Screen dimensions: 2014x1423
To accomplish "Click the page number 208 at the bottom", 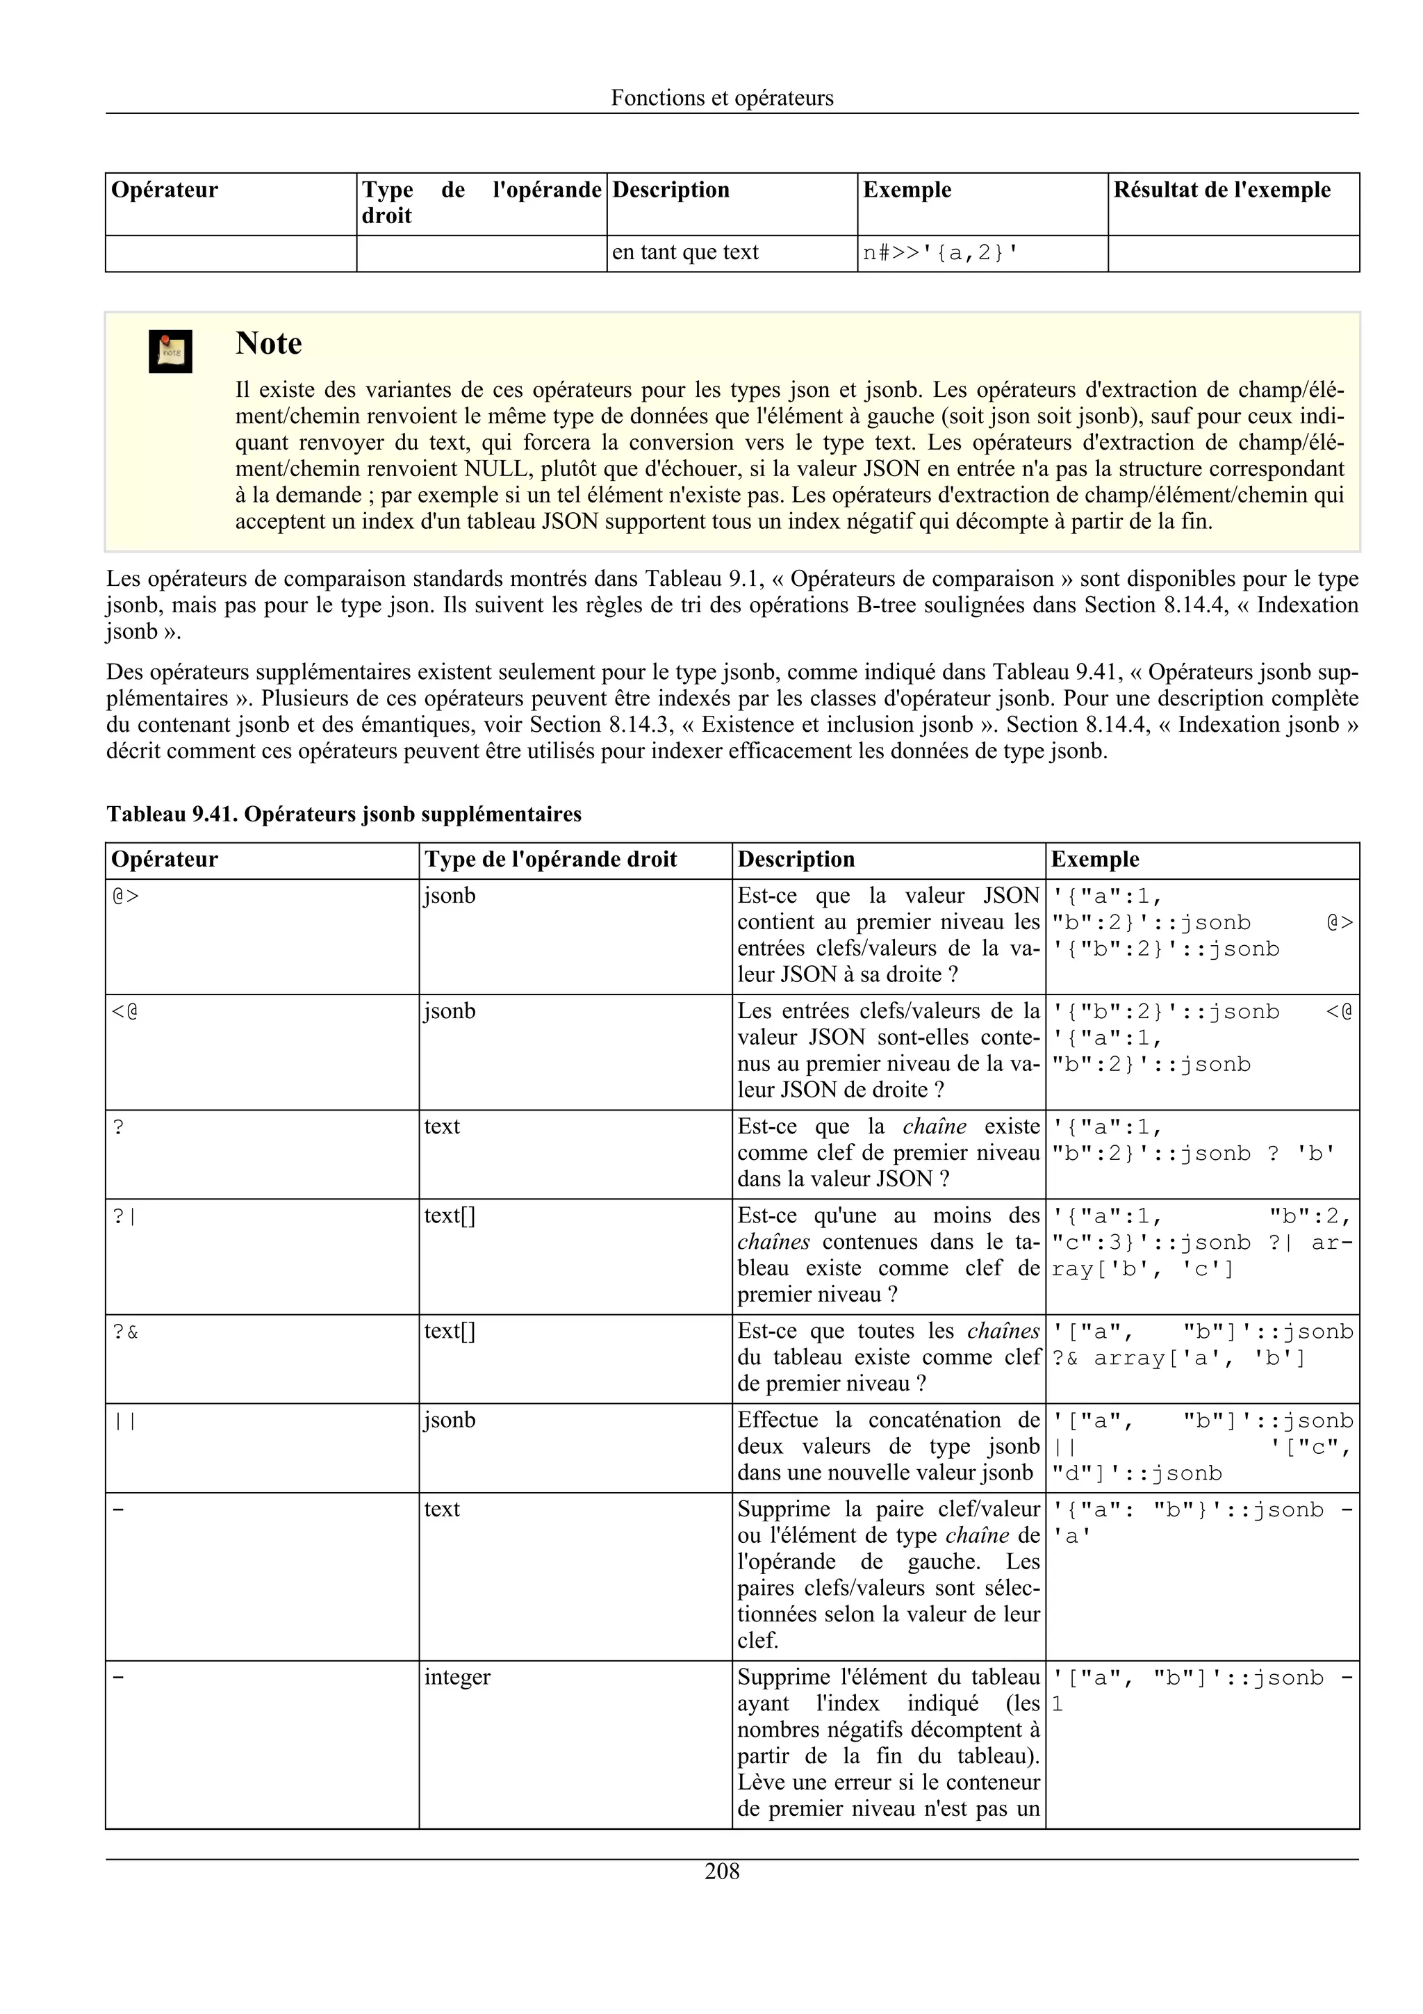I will [x=722, y=1872].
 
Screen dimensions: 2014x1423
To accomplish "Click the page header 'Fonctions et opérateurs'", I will [x=722, y=98].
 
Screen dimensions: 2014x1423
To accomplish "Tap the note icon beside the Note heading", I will [x=170, y=352].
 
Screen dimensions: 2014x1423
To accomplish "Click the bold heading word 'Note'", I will [x=268, y=344].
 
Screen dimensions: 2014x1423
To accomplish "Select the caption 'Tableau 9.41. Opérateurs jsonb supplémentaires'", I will [x=344, y=814].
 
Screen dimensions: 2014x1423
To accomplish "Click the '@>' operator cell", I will [x=125, y=897].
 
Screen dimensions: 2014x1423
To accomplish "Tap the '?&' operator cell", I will [x=125, y=1332].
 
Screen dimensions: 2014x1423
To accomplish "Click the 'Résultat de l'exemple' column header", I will [x=1222, y=190].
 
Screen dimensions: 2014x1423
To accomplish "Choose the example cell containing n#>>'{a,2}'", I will [x=940, y=254].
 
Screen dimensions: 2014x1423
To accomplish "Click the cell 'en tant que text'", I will [x=685, y=253].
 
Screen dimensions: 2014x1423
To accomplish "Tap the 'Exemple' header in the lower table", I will [x=1094, y=860].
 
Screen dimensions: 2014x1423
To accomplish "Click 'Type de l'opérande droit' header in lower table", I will [x=550, y=860].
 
